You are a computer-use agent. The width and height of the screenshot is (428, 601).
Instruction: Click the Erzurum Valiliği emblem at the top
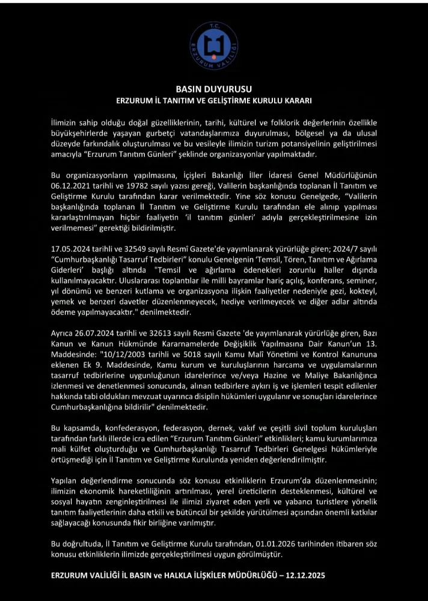[213, 46]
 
